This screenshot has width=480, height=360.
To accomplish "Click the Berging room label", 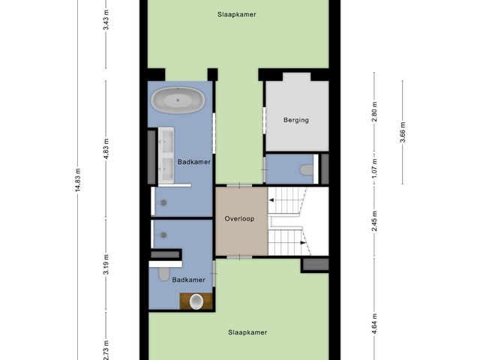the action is click(296, 120).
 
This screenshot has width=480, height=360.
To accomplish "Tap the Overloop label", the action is click(239, 219).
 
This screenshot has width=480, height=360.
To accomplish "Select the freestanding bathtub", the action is click(178, 100).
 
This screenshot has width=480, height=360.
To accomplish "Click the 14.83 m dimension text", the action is click(78, 180).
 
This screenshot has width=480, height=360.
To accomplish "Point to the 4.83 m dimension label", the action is click(106, 148).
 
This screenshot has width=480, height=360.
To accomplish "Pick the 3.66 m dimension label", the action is click(403, 132).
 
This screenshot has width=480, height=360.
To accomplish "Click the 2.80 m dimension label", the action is click(374, 112).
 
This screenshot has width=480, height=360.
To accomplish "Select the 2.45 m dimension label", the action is click(374, 221).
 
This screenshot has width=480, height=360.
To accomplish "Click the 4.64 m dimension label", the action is click(374, 324).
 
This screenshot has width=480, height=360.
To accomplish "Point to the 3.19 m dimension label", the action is click(106, 265).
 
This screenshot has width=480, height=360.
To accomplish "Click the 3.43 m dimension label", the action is click(106, 19).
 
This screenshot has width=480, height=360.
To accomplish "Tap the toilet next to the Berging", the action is click(307, 170).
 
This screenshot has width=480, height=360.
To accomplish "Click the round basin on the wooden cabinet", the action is click(196, 301).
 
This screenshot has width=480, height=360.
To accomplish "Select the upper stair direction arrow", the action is click(271, 200).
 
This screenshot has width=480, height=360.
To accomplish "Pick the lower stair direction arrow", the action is click(303, 243).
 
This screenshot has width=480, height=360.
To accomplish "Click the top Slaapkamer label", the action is click(237, 14).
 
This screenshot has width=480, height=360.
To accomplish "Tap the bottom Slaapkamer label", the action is click(247, 332).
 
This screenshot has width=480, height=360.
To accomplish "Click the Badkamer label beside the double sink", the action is click(194, 162).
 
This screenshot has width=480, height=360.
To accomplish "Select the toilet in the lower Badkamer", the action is click(163, 274).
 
